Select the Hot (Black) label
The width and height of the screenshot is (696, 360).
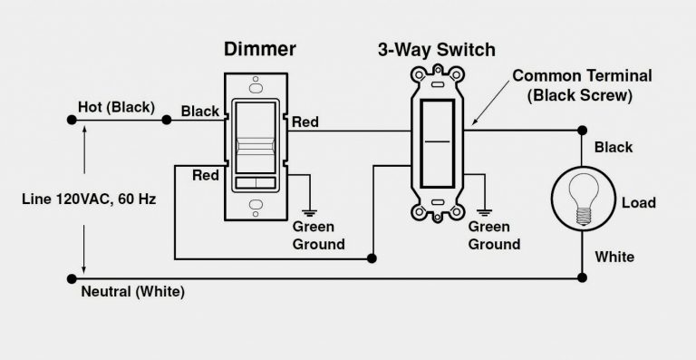tap(114, 107)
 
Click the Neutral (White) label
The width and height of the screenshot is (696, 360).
tap(133, 292)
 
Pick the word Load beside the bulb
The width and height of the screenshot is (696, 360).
tap(638, 203)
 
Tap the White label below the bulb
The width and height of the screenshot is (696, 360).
tap(614, 257)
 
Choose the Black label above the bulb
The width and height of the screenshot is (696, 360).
tap(614, 147)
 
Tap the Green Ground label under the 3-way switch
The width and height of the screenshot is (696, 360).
tap(493, 236)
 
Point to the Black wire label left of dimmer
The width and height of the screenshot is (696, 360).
tap(200, 112)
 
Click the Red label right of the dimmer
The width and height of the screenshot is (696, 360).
tap(305, 122)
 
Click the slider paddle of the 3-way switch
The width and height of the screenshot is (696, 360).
tap(439, 143)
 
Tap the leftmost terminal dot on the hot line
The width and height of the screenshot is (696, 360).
tap(72, 119)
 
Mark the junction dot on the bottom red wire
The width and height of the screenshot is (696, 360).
tap(372, 258)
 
